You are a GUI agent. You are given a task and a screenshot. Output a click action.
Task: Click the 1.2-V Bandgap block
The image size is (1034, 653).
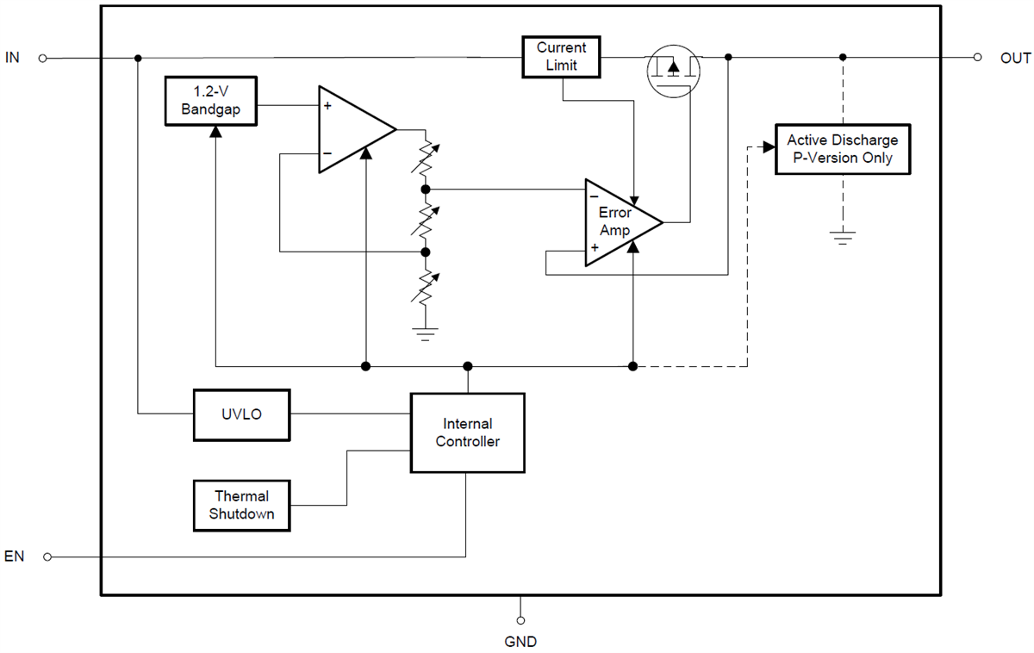[211, 101]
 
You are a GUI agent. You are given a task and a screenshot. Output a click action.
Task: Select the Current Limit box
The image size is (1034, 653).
[561, 57]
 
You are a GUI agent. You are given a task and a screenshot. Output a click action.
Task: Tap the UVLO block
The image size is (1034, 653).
[241, 414]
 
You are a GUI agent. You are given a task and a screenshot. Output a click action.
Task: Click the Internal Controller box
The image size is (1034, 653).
[467, 432]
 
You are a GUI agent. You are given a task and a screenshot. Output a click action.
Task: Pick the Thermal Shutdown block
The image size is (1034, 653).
[241, 506]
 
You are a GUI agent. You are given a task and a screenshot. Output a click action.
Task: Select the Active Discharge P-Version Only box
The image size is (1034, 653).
[842, 149]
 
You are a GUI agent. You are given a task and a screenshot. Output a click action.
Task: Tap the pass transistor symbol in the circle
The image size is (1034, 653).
[674, 69]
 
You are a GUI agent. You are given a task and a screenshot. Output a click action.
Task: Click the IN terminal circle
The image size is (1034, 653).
[43, 58]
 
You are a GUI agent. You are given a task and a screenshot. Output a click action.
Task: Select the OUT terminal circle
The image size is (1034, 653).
[976, 58]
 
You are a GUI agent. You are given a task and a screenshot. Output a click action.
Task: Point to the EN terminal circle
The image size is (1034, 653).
[47, 557]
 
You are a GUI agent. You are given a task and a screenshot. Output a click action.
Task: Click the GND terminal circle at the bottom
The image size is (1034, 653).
[520, 619]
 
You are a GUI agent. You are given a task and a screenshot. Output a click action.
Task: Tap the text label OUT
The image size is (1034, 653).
[1015, 59]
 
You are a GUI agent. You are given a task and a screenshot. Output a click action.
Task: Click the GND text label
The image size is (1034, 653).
[520, 642]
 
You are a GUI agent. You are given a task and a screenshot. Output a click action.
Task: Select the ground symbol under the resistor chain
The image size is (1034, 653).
[425, 333]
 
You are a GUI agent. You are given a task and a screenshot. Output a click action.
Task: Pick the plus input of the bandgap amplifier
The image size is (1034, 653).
[327, 107]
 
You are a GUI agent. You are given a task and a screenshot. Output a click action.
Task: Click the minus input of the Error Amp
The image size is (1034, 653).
[595, 196]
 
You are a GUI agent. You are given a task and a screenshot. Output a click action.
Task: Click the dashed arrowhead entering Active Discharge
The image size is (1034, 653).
[767, 147]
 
